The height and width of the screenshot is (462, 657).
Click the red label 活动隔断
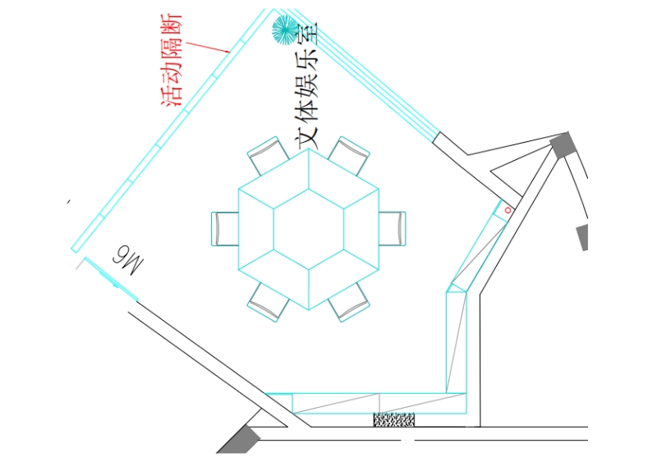coord(175,59)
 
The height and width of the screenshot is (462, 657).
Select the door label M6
coord(126,257)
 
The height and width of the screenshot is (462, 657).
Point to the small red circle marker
coord(508,210)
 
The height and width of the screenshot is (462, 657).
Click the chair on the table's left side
coord(225,228)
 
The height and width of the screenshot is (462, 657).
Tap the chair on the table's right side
coord(393,228)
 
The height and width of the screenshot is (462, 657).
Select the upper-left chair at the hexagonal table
coord(267,155)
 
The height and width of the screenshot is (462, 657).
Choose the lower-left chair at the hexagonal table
coord(267,301)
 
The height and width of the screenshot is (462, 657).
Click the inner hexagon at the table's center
coord(309,228)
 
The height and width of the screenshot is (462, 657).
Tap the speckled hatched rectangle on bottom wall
coord(394,419)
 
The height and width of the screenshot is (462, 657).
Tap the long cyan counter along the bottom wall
coord(378,402)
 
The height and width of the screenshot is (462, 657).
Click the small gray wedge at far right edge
coord(583,237)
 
